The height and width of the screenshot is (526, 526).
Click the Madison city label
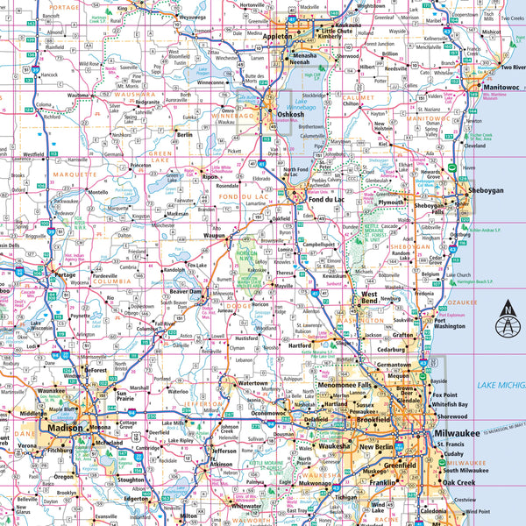pos(65,427)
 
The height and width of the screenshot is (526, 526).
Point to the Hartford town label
pos(299,345)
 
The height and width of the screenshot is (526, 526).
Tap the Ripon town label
pos(210,176)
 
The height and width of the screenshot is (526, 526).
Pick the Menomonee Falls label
pos(345,384)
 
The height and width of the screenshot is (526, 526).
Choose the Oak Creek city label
pos(458,482)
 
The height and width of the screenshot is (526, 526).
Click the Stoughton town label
pos(131,480)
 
